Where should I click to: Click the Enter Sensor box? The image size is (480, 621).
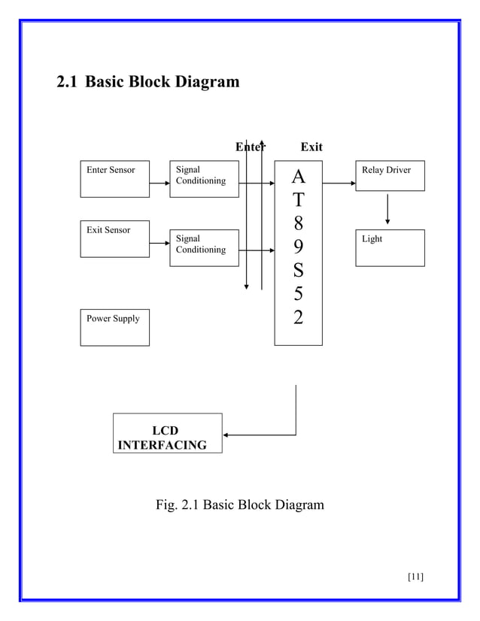[114, 179]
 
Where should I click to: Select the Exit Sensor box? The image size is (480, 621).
[114, 238]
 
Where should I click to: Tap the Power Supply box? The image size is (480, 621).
[114, 327]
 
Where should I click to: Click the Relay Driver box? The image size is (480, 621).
[390, 176]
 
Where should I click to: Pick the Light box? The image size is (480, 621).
[390, 247]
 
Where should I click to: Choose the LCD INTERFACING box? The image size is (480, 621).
[167, 434]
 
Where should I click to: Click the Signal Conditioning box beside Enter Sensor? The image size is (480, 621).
[204, 179]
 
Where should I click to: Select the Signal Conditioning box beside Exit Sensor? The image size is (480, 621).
[204, 247]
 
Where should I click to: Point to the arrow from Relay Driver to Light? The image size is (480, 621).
[387, 209]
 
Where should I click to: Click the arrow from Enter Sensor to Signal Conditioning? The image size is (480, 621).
[159, 183]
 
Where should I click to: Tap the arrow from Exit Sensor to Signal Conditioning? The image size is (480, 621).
[159, 243]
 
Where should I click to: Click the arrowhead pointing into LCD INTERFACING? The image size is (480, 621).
[227, 435]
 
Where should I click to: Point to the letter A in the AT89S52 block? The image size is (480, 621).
[298, 177]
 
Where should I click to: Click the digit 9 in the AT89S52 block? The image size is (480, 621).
[298, 247]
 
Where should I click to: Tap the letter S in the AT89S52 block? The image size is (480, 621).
[298, 270]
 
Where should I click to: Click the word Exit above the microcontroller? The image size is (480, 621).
[311, 147]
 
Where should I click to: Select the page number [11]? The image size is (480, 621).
[415, 577]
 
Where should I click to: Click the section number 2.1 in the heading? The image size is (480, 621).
[68, 81]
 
